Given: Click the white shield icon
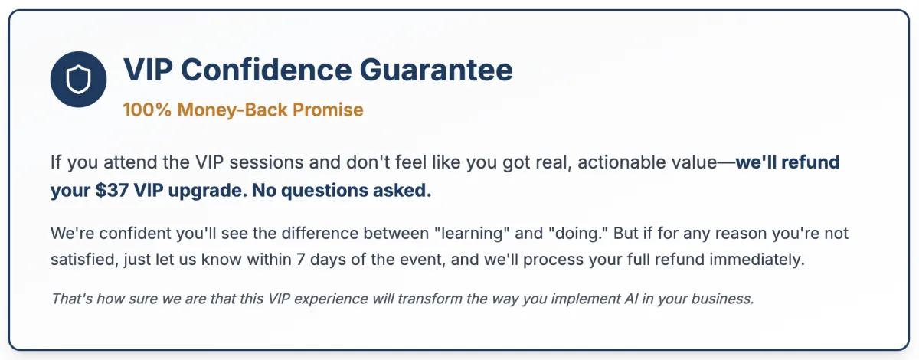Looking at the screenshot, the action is click(x=78, y=79).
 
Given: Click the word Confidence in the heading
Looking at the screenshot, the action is click(x=267, y=70).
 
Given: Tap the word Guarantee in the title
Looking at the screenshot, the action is click(x=436, y=70).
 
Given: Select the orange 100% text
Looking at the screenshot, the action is click(x=147, y=110).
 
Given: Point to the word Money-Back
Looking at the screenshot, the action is click(x=232, y=110).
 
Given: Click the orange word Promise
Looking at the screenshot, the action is click(x=328, y=110).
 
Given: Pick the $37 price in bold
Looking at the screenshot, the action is click(x=112, y=191).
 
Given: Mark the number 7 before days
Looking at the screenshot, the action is click(x=301, y=260).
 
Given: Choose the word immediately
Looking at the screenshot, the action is click(x=757, y=260).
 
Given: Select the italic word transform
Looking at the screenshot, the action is click(x=430, y=299).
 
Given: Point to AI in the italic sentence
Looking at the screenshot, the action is click(x=631, y=299).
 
